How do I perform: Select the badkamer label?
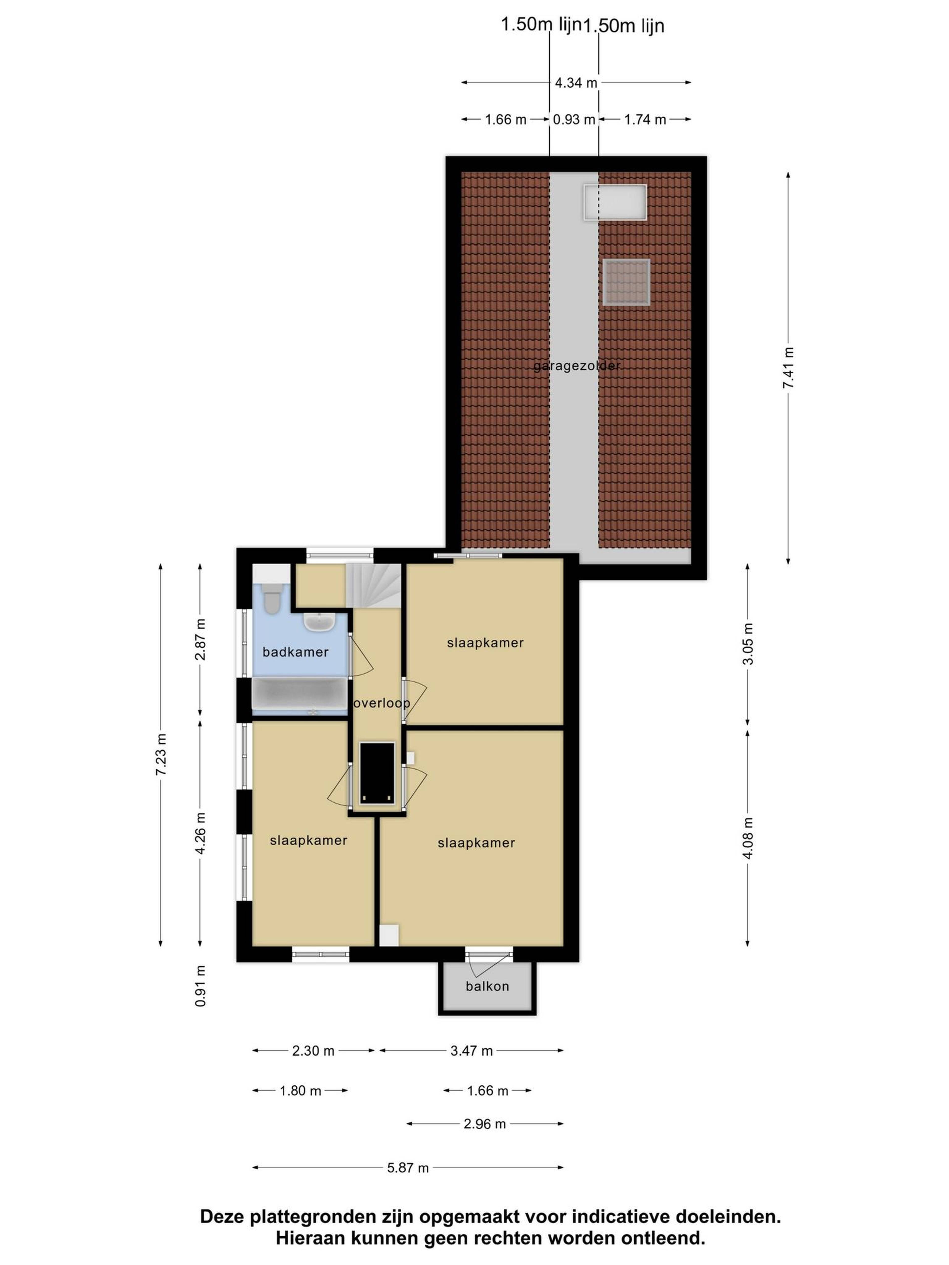coord(295,652)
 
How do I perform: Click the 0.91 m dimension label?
coord(200,986)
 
